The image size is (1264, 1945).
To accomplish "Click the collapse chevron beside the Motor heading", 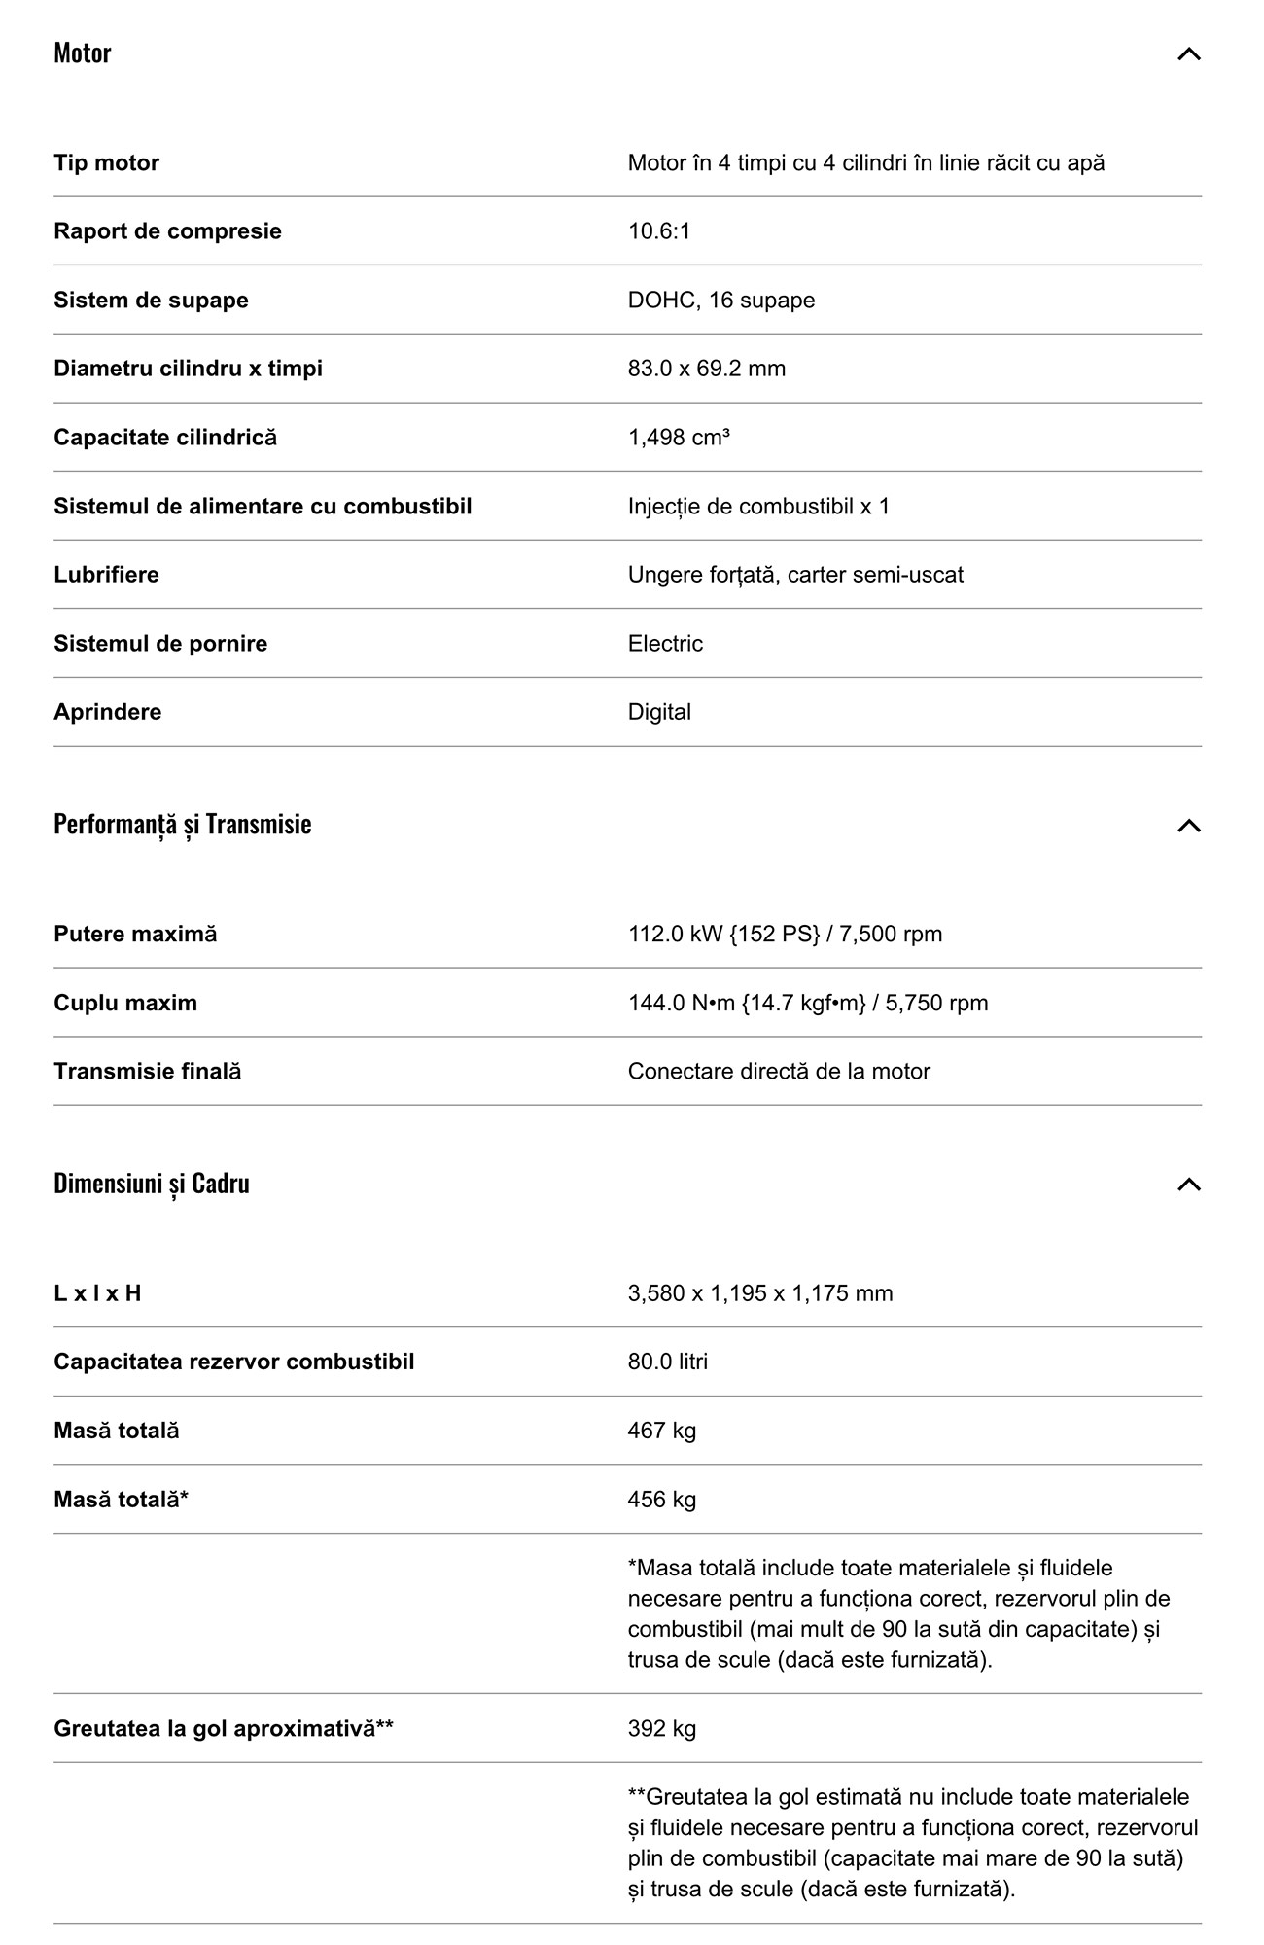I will tap(1188, 53).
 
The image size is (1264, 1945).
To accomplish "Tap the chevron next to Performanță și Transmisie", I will tap(1188, 826).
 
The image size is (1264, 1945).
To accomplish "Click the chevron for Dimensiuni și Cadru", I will tap(1188, 1185).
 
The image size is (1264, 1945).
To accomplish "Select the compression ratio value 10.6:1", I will tap(658, 231).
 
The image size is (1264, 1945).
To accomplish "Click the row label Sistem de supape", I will tap(151, 300).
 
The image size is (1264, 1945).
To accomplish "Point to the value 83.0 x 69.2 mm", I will tap(706, 369).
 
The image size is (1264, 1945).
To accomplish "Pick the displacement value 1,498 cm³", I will tap(679, 438).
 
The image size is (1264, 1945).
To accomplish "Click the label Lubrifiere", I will tap(106, 575).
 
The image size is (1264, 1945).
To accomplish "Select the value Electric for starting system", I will tap(665, 644).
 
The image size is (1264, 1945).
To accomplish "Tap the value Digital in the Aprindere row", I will tap(659, 712).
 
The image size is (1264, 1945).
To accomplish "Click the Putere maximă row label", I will tap(135, 935).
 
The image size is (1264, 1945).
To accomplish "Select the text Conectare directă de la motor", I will tap(778, 1072).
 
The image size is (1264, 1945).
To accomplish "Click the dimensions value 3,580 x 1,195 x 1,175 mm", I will tap(759, 1293).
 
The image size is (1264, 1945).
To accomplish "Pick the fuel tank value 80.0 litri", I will tap(667, 1361).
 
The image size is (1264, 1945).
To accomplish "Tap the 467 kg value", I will tap(661, 1431).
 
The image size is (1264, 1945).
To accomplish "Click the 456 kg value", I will tap(661, 1500).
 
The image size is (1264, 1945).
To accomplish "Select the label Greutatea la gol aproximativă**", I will tap(223, 1728).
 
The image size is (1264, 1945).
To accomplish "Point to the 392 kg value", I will tap(661, 1728).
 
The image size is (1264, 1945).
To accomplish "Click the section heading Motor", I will tap(83, 53).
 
